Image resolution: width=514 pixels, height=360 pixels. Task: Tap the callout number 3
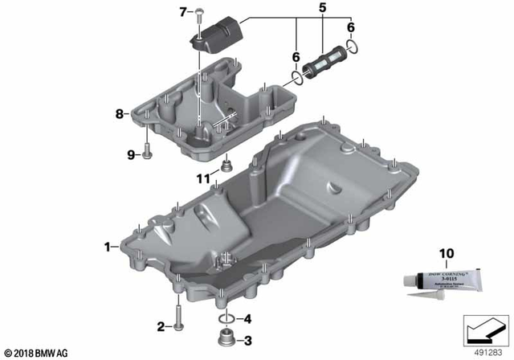point(247,340)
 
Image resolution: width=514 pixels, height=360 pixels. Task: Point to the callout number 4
point(247,318)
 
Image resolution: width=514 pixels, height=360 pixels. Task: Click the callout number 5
point(322,10)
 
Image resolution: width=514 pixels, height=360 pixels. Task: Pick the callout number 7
point(182,11)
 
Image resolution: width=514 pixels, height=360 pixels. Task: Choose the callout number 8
point(120,114)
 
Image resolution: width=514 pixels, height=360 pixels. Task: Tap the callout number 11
point(205,178)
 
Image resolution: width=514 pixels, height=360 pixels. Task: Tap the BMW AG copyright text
point(36,351)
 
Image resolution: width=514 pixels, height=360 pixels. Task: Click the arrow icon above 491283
point(484,329)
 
